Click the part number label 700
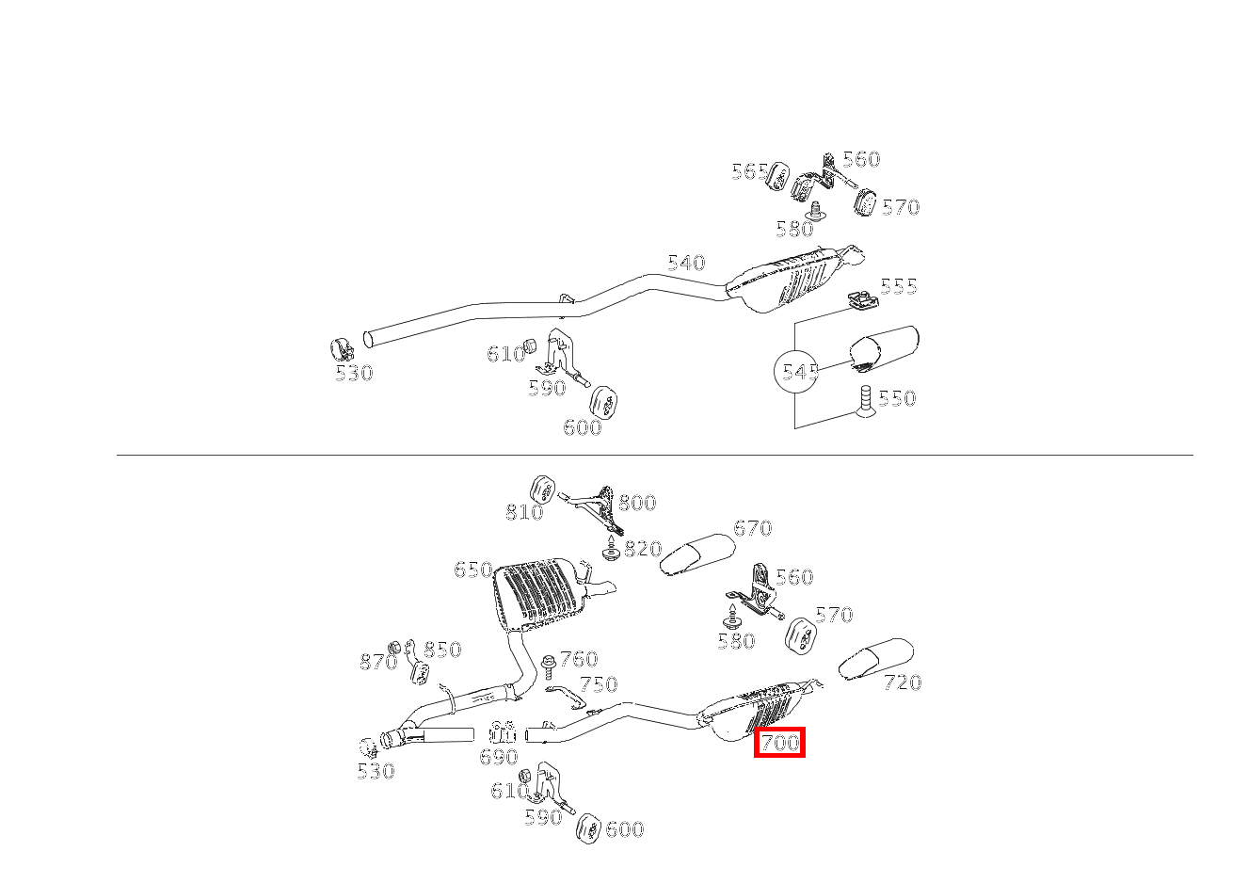(x=779, y=743)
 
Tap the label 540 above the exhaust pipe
(x=686, y=263)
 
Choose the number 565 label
(x=749, y=171)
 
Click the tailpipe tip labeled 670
(x=697, y=554)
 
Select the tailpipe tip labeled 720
(x=874, y=658)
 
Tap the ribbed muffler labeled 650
(x=535, y=593)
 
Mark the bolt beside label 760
(x=548, y=666)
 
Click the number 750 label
(x=598, y=684)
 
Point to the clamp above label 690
(x=503, y=733)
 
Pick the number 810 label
(x=524, y=512)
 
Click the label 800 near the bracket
(x=637, y=503)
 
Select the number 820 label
(x=643, y=549)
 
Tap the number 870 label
(x=377, y=663)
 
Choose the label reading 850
(x=441, y=650)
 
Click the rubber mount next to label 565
(x=778, y=177)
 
